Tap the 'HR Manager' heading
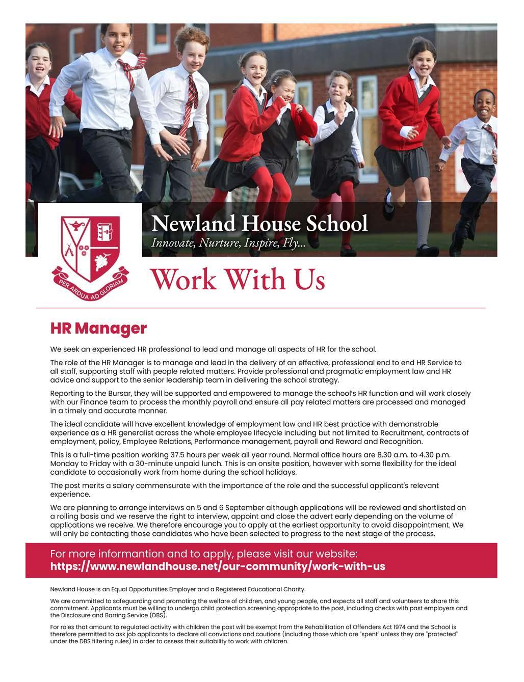[x=98, y=329]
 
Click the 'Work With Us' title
[x=238, y=279]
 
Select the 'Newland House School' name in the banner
[x=259, y=224]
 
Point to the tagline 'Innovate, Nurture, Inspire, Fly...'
[x=228, y=243]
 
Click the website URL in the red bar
[x=218, y=566]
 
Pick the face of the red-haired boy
[x=193, y=50]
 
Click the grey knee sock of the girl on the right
[x=424, y=223]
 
